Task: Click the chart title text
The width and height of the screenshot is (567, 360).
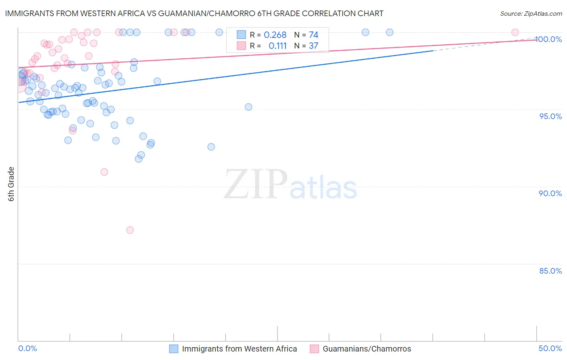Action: click(x=194, y=13)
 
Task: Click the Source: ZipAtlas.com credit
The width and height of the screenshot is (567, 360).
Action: click(x=531, y=13)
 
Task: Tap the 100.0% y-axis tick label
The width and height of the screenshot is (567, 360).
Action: click(x=548, y=39)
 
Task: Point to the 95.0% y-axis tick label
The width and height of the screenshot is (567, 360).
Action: click(x=550, y=116)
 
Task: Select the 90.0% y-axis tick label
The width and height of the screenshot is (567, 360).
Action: click(x=550, y=193)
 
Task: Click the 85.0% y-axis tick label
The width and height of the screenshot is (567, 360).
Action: click(x=550, y=271)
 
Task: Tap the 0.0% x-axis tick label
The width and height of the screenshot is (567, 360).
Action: click(x=27, y=348)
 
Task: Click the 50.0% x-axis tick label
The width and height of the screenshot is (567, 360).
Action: click(x=550, y=348)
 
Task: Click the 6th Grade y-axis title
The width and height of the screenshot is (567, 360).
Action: click(x=11, y=184)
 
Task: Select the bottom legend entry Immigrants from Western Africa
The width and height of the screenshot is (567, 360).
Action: click(x=239, y=349)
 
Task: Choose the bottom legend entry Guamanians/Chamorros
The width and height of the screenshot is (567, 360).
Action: click(x=367, y=349)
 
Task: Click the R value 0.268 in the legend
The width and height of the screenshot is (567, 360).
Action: click(x=275, y=35)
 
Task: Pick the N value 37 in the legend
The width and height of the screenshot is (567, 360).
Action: click(x=313, y=46)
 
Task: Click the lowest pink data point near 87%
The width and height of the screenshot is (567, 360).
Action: click(x=130, y=230)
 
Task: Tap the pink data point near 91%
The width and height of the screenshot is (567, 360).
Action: click(x=104, y=172)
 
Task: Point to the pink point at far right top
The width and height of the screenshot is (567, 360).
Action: click(x=515, y=32)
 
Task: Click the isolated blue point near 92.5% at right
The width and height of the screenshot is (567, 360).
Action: click(x=211, y=147)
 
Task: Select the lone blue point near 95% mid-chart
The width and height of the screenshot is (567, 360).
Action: click(x=248, y=107)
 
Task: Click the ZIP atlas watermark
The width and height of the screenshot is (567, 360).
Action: click(x=290, y=184)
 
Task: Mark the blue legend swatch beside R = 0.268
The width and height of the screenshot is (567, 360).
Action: click(x=241, y=35)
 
